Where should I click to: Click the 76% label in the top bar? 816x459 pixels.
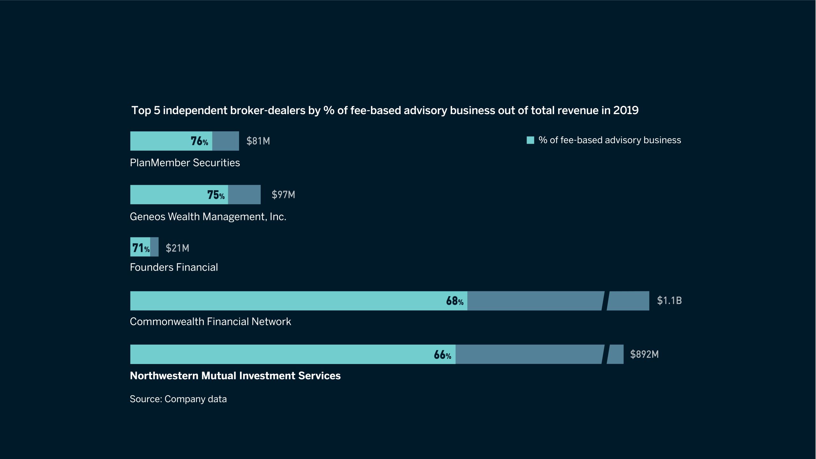199,141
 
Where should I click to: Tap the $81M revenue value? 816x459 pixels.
258,141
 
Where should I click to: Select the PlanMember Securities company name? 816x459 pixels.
185,163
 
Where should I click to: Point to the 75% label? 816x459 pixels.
216,195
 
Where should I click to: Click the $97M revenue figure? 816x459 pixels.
283,195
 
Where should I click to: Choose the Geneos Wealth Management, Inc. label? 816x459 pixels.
208,217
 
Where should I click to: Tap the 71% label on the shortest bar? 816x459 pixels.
141,248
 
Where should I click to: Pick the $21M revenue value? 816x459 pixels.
177,248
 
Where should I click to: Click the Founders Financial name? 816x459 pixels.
174,267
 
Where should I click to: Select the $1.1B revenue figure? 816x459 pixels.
669,301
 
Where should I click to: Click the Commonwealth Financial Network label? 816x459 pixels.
210,322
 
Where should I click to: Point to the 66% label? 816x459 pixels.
442,355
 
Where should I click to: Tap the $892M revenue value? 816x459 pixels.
644,354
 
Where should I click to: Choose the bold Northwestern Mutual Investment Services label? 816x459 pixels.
235,376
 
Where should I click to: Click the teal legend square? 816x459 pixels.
530,140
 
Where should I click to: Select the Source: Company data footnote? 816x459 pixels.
178,399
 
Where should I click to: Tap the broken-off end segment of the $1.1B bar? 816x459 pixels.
628,301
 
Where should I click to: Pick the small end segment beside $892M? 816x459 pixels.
616,354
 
